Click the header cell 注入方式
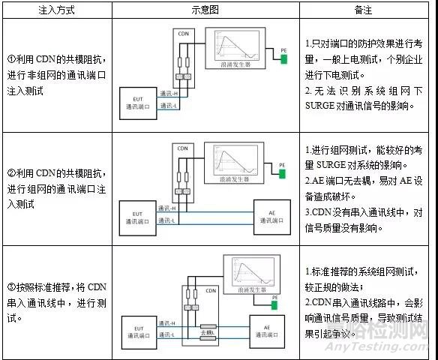(57, 10)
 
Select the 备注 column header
(367, 10)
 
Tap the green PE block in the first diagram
(284, 58)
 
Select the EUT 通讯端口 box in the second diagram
(138, 213)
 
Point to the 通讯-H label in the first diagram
(169, 92)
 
